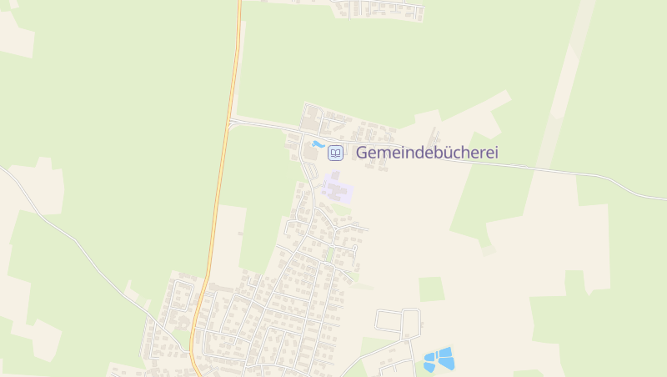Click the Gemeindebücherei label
point(427,153)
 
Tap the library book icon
point(335,153)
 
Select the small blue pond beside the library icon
point(318,144)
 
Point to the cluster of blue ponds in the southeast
point(439,359)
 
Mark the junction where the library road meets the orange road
point(229,122)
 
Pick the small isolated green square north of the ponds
point(431,289)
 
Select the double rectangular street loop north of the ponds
point(399,321)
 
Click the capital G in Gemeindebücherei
point(363,153)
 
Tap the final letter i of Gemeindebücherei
point(496,153)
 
